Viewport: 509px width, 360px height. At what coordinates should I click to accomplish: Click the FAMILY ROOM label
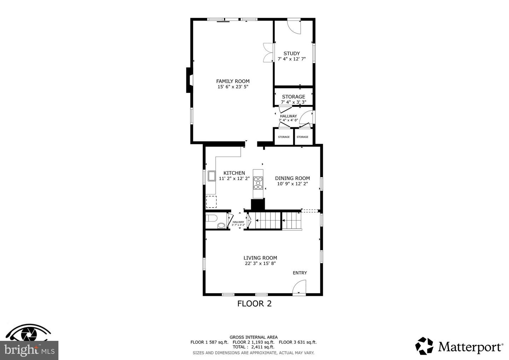(233, 81)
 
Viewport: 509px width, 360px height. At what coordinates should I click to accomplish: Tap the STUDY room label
(292, 53)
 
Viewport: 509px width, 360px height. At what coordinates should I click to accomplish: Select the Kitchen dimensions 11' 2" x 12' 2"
(234, 179)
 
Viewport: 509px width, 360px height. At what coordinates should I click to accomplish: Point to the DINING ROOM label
(292, 178)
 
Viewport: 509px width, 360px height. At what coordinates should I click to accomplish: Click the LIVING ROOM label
(260, 258)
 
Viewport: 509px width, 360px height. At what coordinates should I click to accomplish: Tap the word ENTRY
(300, 273)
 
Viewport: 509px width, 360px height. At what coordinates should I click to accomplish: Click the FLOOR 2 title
(254, 303)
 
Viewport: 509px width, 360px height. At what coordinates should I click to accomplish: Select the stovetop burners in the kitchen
(258, 183)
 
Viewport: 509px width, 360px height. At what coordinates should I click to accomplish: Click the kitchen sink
(211, 176)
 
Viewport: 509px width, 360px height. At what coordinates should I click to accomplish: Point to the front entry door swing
(299, 287)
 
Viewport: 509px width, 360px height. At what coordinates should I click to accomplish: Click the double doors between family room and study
(268, 52)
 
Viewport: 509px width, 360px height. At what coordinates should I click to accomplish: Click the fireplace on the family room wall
(189, 80)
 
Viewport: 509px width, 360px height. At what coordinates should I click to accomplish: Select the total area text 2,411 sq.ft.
(263, 347)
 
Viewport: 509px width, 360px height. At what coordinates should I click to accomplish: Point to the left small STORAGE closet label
(284, 137)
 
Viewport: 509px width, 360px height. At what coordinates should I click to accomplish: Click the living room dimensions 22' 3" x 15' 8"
(260, 263)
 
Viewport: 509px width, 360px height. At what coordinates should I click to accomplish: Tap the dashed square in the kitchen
(211, 202)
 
